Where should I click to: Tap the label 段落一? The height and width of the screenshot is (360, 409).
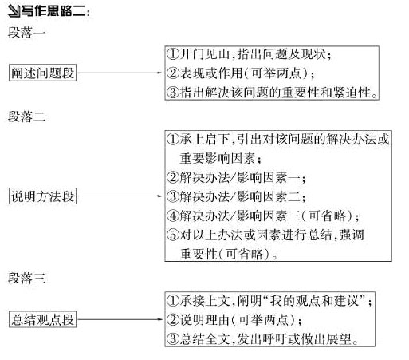pos(26,33)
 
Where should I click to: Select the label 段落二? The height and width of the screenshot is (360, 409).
pos(26,117)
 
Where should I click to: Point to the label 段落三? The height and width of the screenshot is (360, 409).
pos(26,279)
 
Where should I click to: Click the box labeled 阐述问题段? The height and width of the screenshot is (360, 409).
pos(42,73)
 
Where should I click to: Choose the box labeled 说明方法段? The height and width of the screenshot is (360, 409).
pos(42,196)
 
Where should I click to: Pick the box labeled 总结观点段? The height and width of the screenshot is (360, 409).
pos(42,319)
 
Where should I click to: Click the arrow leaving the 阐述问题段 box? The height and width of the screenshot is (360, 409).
pos(120,73)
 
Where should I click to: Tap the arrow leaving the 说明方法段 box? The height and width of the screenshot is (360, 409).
pos(120,196)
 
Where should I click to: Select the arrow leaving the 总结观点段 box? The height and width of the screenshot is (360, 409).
pos(120,319)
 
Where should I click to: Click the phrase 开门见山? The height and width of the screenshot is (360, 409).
pos(204,54)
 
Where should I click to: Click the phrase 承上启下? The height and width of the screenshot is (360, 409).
pos(204,139)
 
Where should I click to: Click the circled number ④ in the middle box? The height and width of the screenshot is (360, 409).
pos(173,216)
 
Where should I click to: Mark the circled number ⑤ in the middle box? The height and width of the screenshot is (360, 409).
pos(173,235)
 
